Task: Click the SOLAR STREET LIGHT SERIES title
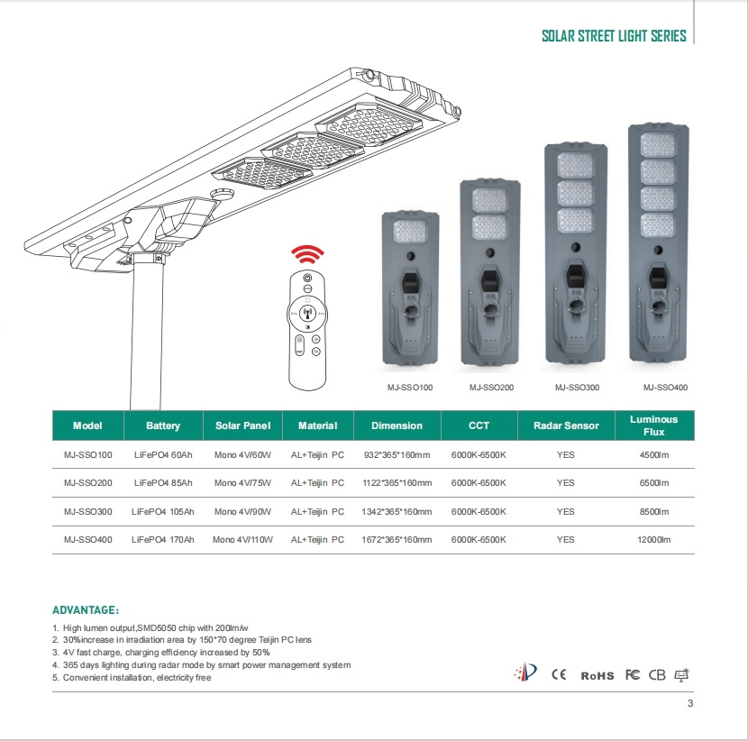pos(613,37)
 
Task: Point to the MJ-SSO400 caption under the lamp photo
pos(665,388)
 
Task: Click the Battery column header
pos(163,425)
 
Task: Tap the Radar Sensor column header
pos(565,425)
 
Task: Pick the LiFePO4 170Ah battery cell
pos(163,539)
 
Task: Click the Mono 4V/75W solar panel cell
pos(243,483)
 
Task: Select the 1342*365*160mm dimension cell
pos(397,511)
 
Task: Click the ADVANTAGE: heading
pos(87,610)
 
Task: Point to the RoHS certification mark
pos(597,675)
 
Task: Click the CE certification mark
pos(559,674)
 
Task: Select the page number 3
pos(689,704)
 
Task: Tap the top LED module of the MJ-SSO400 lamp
pos(657,143)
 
